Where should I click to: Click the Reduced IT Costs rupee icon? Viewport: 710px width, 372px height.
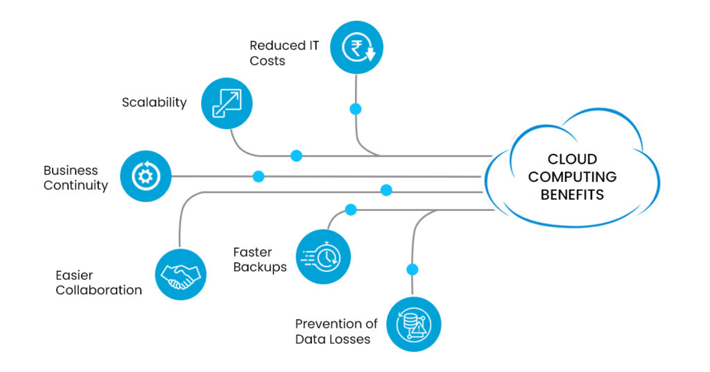click(x=356, y=47)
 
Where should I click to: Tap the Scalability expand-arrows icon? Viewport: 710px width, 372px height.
click(x=227, y=103)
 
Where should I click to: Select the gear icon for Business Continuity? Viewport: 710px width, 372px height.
click(x=146, y=176)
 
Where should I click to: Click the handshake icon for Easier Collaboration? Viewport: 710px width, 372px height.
click(x=180, y=275)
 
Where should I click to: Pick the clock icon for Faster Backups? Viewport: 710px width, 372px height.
click(x=324, y=257)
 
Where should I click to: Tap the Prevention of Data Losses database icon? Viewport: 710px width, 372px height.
click(x=413, y=324)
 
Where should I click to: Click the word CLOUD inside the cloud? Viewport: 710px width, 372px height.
click(x=572, y=159)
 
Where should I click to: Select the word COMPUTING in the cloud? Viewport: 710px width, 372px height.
click(x=572, y=177)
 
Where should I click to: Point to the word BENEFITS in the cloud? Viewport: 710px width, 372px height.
click(x=572, y=194)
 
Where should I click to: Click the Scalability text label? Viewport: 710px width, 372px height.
click(x=154, y=103)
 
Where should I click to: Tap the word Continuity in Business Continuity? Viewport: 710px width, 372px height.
click(x=76, y=185)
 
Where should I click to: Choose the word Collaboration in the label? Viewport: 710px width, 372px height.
click(x=98, y=290)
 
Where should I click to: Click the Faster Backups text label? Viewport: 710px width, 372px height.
click(x=259, y=260)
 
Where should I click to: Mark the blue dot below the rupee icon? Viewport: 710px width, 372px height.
click(x=356, y=109)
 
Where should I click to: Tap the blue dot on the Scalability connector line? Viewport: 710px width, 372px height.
click(x=296, y=155)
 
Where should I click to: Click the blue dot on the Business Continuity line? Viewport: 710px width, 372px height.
click(x=259, y=176)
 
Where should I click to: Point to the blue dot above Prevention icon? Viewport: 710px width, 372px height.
click(x=413, y=269)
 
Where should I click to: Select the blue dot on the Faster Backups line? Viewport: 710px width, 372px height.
click(x=351, y=209)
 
